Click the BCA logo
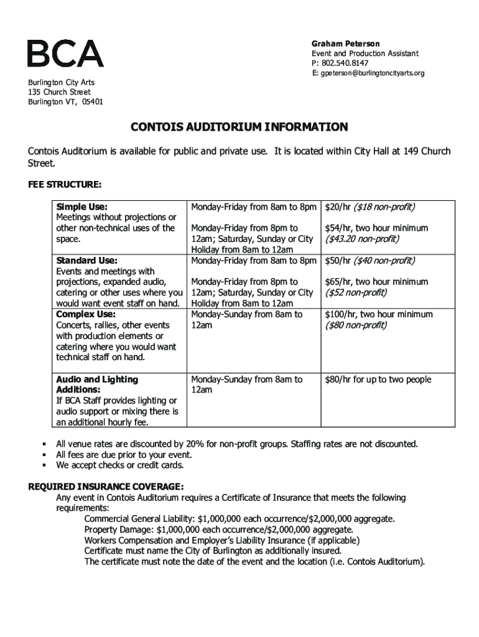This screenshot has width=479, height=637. pos(65,53)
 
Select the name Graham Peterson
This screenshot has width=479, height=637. pos(345,44)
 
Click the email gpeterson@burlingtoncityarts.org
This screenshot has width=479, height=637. pos(372,73)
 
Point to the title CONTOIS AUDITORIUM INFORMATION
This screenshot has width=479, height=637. pos(239,128)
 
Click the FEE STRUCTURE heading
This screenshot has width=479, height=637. pos(65,185)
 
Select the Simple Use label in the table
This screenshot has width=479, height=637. pos(81,207)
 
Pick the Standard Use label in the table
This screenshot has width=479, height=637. pos(86,260)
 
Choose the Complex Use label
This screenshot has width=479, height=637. pos(86,314)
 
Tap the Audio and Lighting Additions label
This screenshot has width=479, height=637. pos(97,384)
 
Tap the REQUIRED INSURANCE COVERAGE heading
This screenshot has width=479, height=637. pos(106,486)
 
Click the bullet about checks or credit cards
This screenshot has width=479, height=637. pos(119,465)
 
